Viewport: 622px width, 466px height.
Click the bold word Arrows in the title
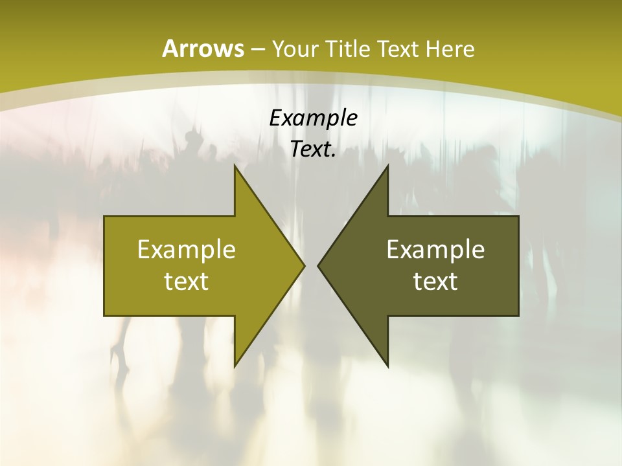click(203, 49)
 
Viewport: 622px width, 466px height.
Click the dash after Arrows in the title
click(256, 49)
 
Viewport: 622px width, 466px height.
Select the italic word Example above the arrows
click(313, 118)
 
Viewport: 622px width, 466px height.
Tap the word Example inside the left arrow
click(187, 250)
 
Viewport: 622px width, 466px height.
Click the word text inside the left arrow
click(187, 282)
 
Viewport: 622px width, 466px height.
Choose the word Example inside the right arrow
click(435, 250)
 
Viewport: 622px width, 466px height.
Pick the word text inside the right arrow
click(435, 282)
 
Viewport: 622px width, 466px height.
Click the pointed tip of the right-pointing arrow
click(304, 265)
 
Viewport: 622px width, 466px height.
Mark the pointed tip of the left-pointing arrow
click(318, 265)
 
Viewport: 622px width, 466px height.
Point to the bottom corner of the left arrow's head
click(235, 366)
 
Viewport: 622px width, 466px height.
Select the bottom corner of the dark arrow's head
click(387, 366)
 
